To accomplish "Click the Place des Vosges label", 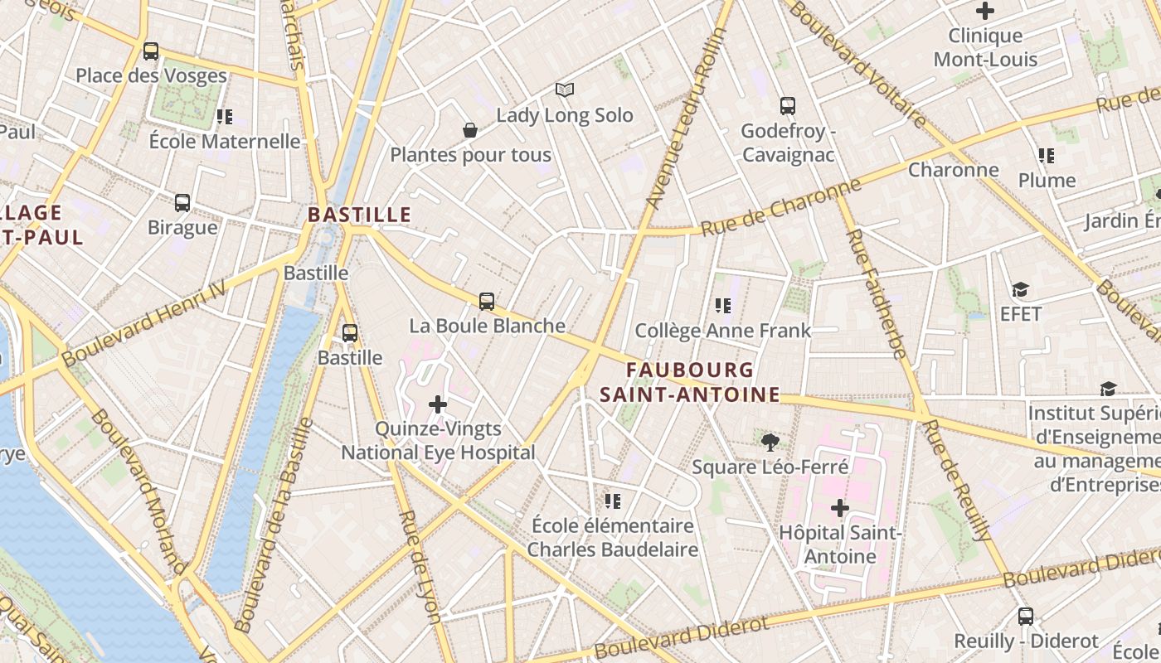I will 151,75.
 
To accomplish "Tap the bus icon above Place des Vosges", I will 150,51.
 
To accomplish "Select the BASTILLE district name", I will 359,215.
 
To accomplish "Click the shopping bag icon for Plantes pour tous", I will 470,130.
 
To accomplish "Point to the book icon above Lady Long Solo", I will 565,90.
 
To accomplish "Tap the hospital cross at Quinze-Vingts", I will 438,404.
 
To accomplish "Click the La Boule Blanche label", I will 488,326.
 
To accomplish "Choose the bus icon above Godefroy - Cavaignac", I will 788,106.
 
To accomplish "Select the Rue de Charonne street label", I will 781,208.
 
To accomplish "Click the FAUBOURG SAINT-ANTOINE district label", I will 690,382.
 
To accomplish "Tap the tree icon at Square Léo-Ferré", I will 770,442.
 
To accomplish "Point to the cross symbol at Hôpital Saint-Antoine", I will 840,507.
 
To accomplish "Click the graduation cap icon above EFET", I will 1020,289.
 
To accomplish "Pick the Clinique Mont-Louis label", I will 985,47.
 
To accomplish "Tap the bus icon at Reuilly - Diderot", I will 1026,616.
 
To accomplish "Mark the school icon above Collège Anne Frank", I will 723,306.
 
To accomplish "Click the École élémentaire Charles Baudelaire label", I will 613,537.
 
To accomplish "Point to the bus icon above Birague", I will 182,202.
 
